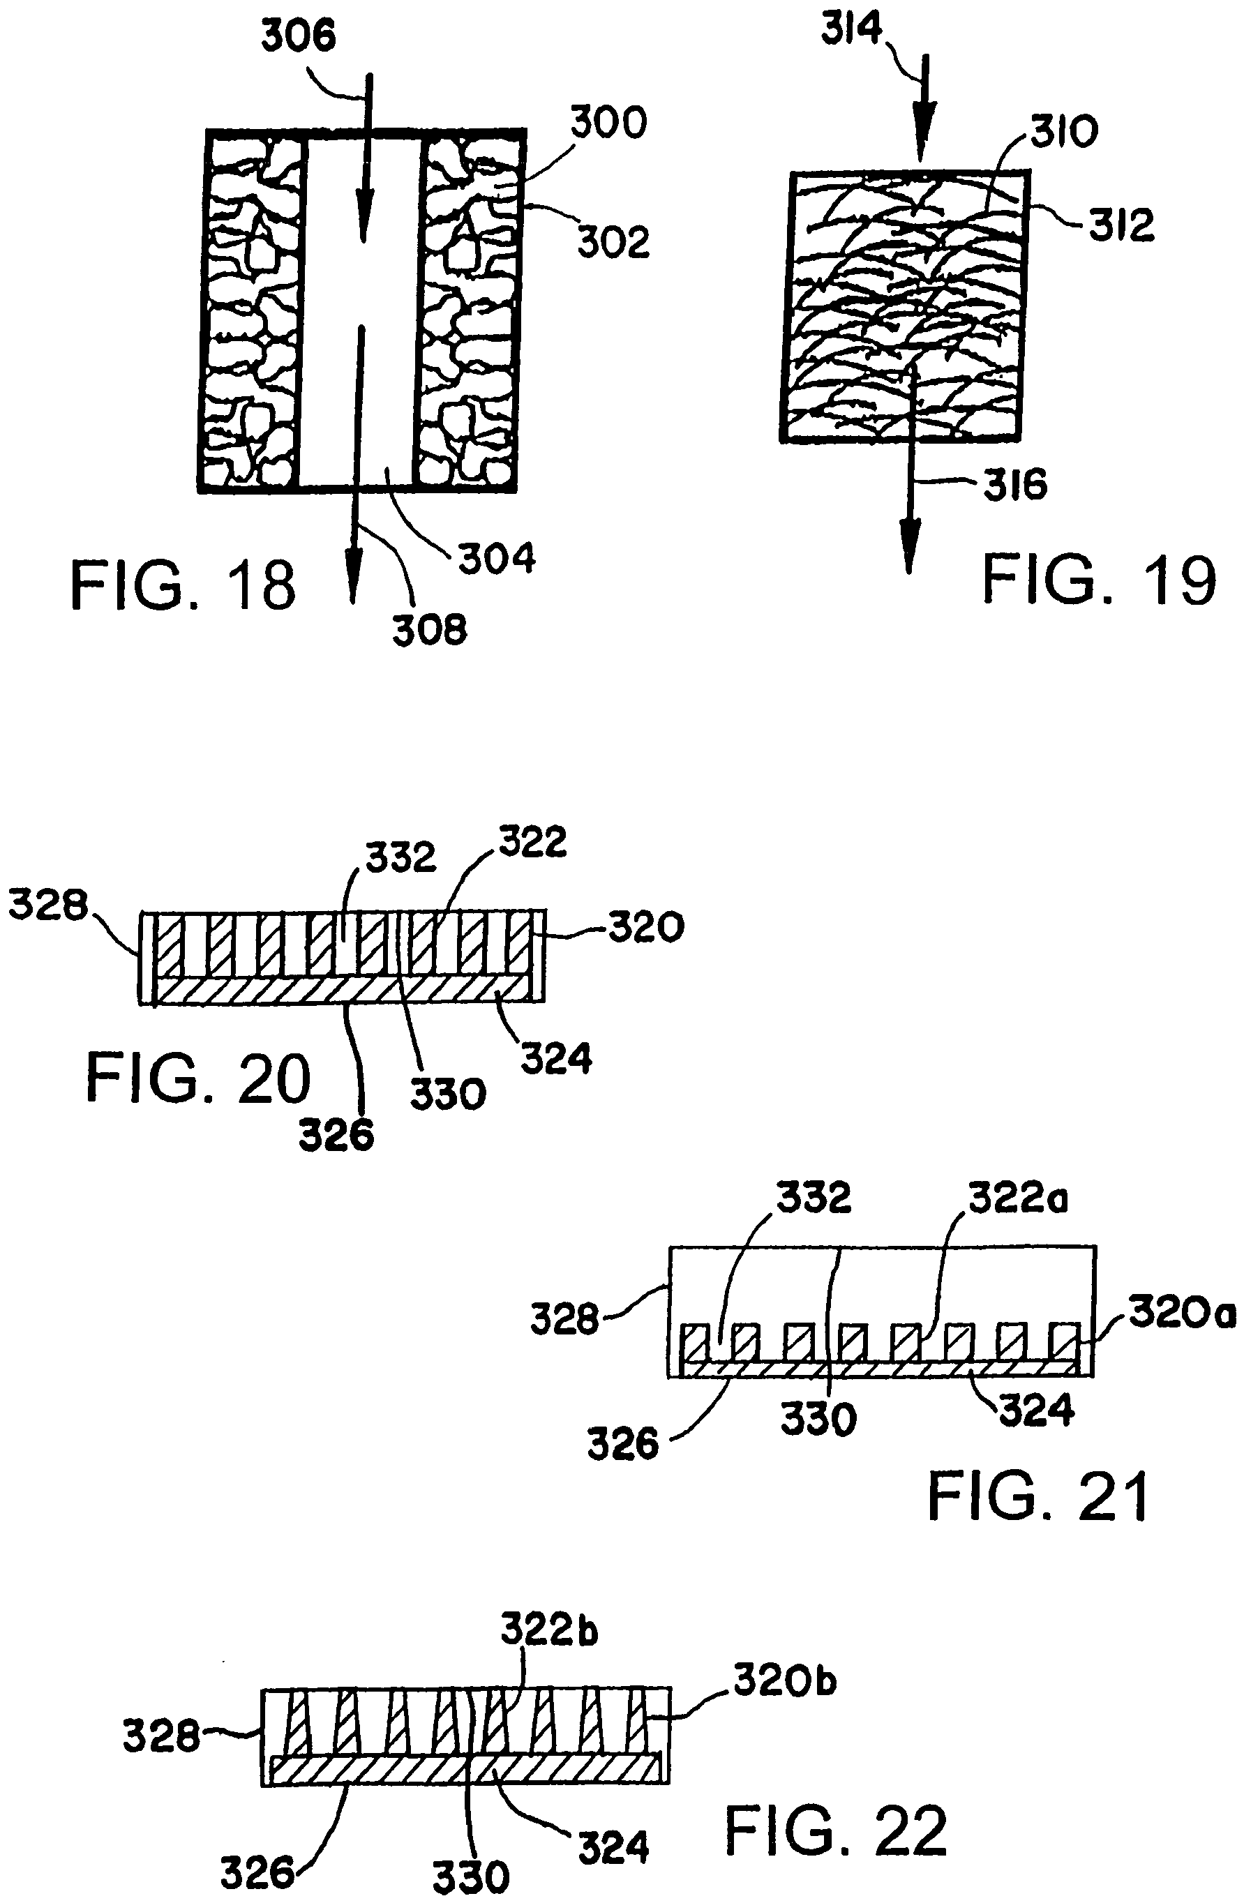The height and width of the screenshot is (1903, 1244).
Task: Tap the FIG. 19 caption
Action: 1098,581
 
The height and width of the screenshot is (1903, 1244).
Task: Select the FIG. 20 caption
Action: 198,1078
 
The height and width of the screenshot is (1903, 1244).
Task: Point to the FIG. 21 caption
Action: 1037,1497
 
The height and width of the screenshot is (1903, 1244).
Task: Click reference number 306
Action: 300,37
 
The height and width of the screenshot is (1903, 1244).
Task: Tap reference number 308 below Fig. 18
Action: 429,630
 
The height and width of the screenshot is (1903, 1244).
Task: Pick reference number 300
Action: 608,124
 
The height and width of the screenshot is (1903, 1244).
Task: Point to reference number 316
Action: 1015,486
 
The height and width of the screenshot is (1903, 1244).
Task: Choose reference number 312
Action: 1122,225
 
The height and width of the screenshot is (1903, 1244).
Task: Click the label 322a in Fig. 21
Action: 1019,1198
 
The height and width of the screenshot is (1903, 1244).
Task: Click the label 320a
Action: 1183,1314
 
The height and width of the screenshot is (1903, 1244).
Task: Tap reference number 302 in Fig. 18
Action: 613,241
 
